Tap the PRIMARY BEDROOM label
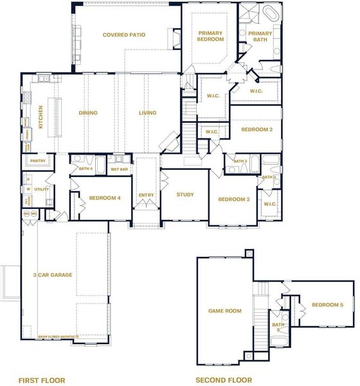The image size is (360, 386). click(x=210, y=36)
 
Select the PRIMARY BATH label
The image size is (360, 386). click(x=260, y=36)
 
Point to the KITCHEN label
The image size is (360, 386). click(x=40, y=117)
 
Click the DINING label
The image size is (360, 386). click(x=88, y=113)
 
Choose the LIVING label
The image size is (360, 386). click(x=147, y=113)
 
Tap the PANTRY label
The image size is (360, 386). click(x=38, y=161)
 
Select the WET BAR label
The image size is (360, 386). click(x=120, y=169)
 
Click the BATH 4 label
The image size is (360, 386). click(x=85, y=169)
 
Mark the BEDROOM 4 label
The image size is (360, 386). click(x=105, y=198)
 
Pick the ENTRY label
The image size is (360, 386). click(x=147, y=195)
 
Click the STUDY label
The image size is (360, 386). click(x=185, y=194)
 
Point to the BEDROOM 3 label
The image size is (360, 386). click(x=234, y=199)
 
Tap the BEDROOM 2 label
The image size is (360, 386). click(x=257, y=129)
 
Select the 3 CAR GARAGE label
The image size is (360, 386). click(x=53, y=275)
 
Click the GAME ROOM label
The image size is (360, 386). click(x=224, y=311)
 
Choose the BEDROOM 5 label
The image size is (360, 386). click(x=328, y=305)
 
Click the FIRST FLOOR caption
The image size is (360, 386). click(x=42, y=380)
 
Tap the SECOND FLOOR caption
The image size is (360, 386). click(x=224, y=380)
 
